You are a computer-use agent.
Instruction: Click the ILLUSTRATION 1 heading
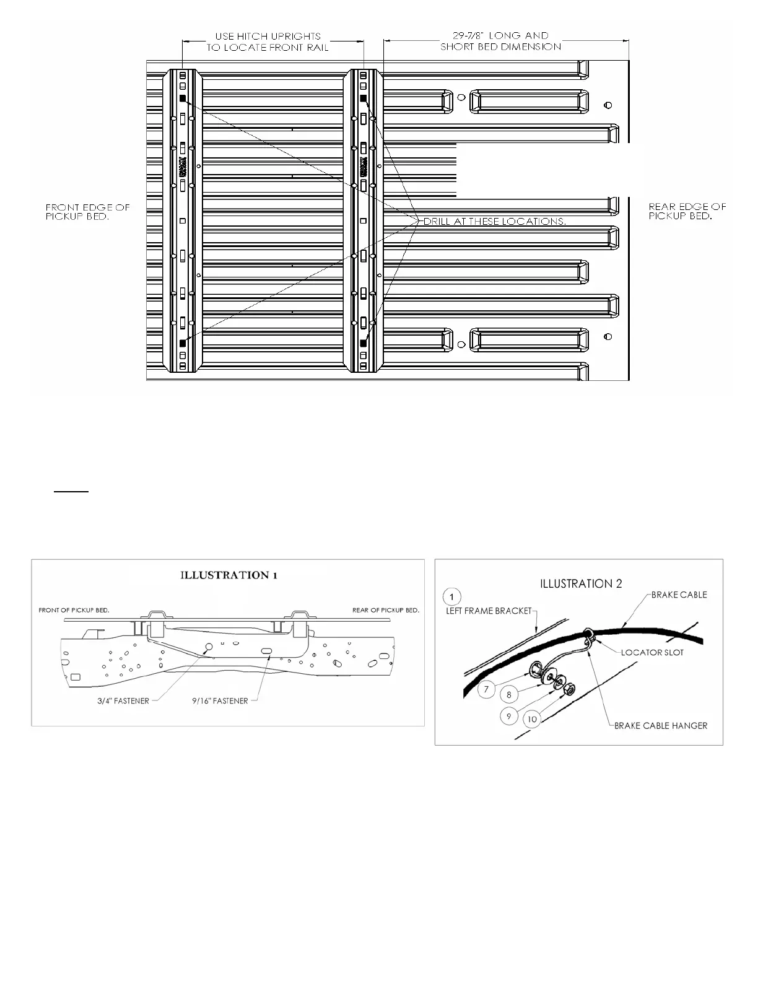(229, 575)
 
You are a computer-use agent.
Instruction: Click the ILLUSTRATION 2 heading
(581, 583)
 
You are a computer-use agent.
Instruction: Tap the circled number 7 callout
(487, 689)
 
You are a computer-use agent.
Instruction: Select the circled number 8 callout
(509, 695)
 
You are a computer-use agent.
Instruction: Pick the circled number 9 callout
(508, 716)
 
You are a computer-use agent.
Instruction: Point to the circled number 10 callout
(531, 719)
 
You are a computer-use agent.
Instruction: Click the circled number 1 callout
(453, 596)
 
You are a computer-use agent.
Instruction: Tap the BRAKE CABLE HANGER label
(660, 726)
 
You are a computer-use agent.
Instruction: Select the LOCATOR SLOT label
(652, 652)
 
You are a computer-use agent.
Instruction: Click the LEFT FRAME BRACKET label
(489, 611)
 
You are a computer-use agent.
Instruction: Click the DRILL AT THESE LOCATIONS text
(494, 221)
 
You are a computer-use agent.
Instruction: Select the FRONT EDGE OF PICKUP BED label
(87, 211)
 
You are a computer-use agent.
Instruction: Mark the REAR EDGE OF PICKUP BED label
(687, 211)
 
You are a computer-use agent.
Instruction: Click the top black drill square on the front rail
(183, 98)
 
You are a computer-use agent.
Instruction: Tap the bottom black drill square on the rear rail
(364, 342)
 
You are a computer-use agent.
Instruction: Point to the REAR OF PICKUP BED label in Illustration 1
(386, 610)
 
